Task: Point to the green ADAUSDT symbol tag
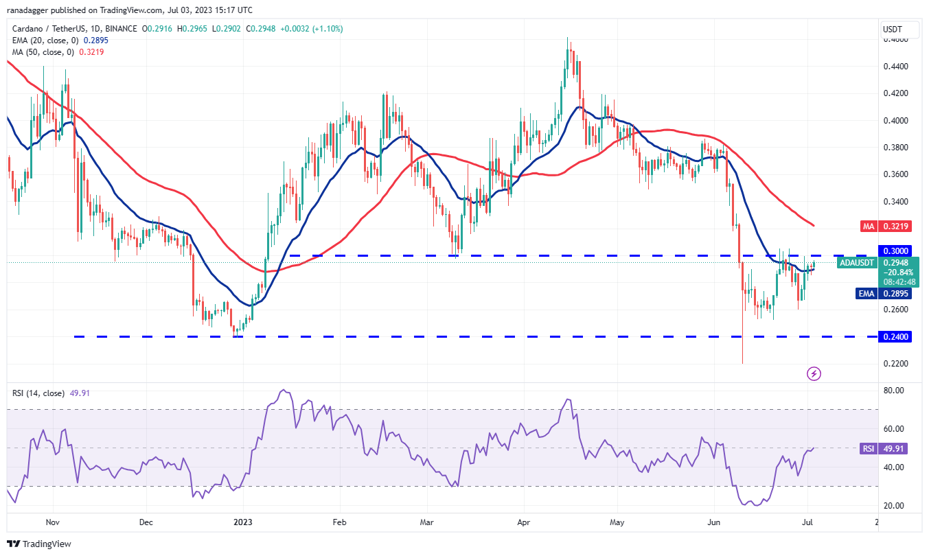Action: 857,262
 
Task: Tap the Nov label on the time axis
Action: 52,522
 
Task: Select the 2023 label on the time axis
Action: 243,522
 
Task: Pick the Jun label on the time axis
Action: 714,522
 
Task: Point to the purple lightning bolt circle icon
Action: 814,373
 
